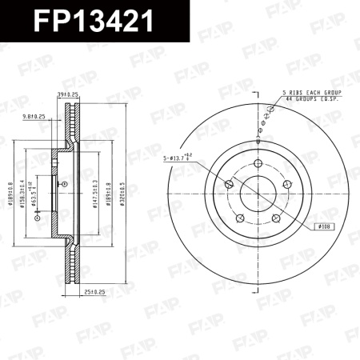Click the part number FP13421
[x=94, y=20]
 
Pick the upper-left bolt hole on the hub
[x=230, y=186]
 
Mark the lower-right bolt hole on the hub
[x=275, y=218]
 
